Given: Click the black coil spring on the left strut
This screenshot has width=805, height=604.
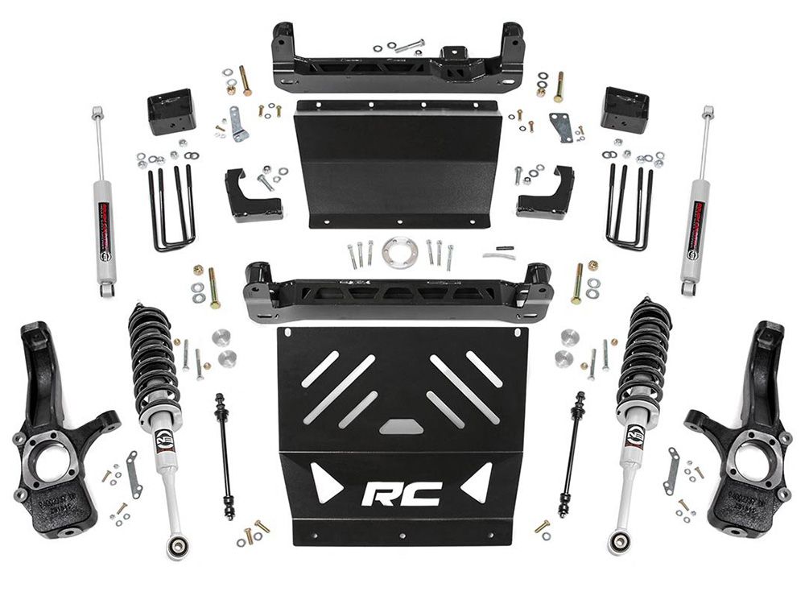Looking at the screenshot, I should point(153,354).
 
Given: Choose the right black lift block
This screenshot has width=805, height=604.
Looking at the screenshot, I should point(625,110).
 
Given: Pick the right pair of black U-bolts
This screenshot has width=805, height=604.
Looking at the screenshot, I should point(630,207).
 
